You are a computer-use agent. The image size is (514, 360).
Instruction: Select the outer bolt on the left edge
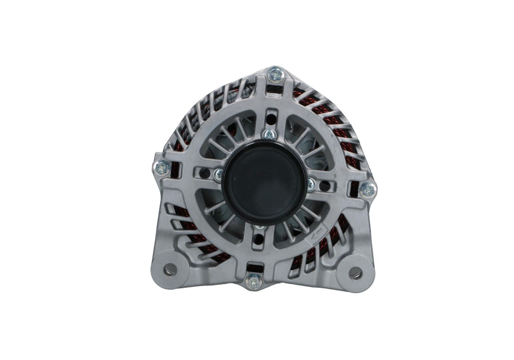tap(162, 167)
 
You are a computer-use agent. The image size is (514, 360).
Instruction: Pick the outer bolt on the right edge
tap(368, 190)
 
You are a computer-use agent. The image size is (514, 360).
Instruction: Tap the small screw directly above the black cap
tap(269, 135)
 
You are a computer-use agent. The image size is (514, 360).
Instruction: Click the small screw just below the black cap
tap(259, 228)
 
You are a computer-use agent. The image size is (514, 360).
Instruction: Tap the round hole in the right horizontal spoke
tap(324, 185)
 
